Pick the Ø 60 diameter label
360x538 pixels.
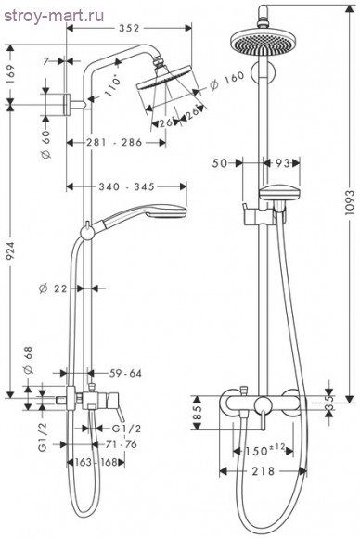[x=45, y=139]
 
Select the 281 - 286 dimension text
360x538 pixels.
[x=116, y=143]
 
